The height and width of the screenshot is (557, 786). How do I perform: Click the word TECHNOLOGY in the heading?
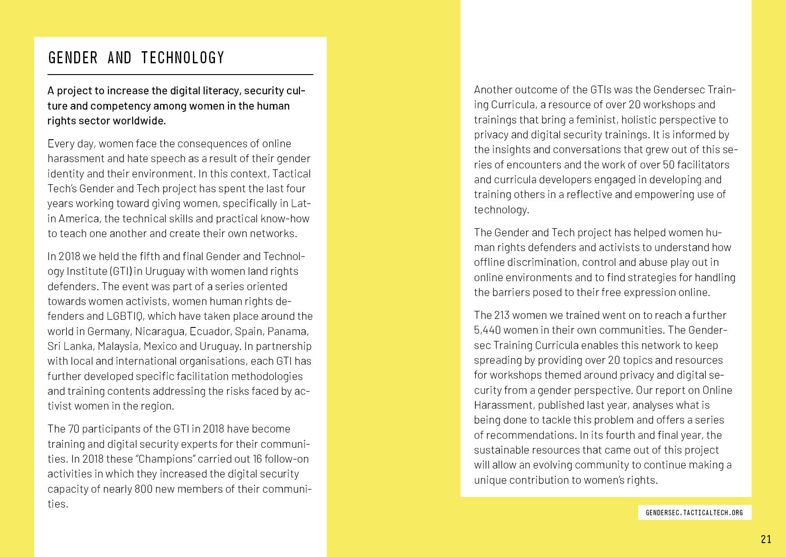click(183, 58)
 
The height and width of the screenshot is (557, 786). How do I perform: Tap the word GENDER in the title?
click(73, 58)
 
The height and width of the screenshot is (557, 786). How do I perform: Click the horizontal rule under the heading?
click(180, 75)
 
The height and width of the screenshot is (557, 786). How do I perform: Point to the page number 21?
click(766, 539)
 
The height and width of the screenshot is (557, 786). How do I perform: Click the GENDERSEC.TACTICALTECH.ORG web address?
click(694, 513)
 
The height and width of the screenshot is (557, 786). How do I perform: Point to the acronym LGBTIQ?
click(125, 316)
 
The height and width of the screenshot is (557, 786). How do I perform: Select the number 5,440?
click(487, 330)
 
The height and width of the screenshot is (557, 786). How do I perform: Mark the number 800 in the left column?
click(143, 489)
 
